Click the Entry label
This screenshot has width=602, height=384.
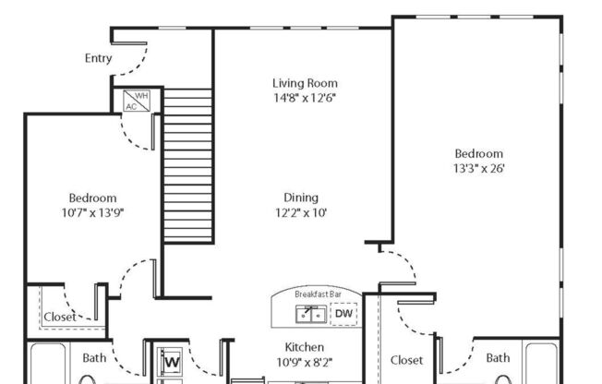98,58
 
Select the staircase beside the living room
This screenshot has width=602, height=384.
187,164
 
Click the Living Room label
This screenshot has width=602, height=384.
305,83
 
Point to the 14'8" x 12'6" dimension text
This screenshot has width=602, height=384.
304,98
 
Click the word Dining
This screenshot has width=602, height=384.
301,197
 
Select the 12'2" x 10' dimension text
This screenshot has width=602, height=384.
301,211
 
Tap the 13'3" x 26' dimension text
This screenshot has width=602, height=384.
478,169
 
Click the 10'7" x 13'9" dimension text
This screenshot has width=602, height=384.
92,212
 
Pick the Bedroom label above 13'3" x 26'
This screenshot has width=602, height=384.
478,153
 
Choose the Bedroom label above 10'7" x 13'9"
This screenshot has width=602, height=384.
92,198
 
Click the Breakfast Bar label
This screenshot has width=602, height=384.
318,294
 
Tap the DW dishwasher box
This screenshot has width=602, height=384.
343,314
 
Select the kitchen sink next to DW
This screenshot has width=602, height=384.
309,314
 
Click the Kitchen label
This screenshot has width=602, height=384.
304,347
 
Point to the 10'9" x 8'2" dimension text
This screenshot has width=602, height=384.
304,362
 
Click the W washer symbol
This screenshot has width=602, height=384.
171,362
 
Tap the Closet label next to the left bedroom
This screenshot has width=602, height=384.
60,317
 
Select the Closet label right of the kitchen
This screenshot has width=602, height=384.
406,360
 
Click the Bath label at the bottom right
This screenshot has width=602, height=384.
498,358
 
